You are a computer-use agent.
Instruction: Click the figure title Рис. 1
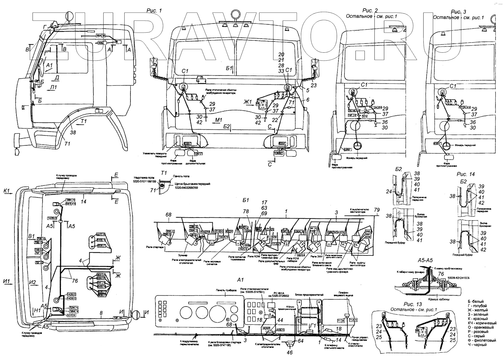[154, 10]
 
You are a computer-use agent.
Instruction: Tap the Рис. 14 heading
[466, 174]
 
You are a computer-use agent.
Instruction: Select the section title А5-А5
[425, 260]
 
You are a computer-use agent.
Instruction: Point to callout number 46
[289, 352]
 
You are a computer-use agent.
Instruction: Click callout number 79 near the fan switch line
[376, 210]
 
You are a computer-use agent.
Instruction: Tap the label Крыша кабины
[439, 299]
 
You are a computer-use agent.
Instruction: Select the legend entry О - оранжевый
[481, 327]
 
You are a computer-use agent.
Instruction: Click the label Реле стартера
[155, 247]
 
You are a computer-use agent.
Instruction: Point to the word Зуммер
[183, 255]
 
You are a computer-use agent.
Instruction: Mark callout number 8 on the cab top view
[101, 313]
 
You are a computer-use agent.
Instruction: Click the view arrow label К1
[7, 191]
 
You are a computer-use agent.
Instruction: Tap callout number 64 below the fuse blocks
[301, 341]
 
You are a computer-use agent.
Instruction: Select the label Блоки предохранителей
[309, 295]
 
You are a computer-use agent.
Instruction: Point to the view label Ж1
[248, 102]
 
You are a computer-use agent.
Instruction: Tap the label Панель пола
[182, 176]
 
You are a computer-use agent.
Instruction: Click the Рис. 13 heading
[413, 304]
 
